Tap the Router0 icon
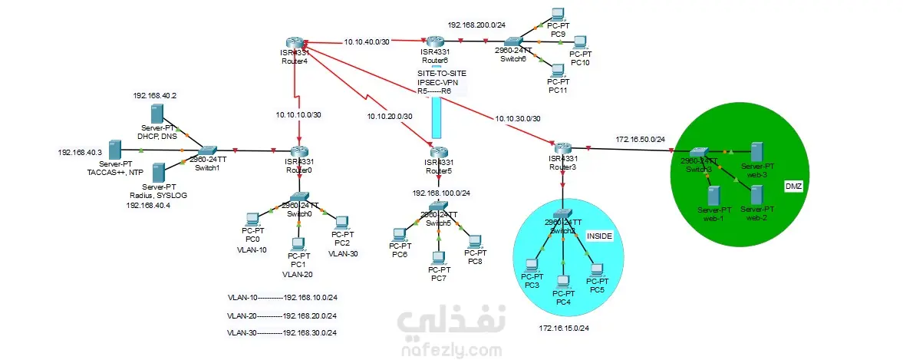pos(298,150)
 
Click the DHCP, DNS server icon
pos(157,114)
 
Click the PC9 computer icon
pos(558,14)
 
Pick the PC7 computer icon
pos(438,257)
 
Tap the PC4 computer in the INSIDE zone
pos(563,282)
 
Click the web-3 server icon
pos(757,150)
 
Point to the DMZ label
pos(793,187)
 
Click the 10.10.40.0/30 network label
pos(367,42)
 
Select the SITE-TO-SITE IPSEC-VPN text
pos(436,81)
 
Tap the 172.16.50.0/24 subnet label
pos(640,140)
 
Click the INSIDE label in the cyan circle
pos(599,236)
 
